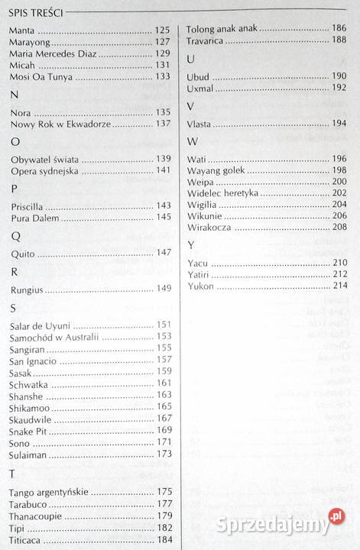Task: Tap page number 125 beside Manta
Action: pyautogui.click(x=163, y=30)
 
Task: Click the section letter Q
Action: pyautogui.click(x=16, y=235)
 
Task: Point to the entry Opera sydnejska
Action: pyautogui.click(x=44, y=170)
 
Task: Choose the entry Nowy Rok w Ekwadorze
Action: pyautogui.click(x=61, y=124)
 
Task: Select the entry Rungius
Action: pyautogui.click(x=27, y=290)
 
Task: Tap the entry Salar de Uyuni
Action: pyautogui.click(x=41, y=325)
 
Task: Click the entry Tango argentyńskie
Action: pyautogui.click(x=50, y=492)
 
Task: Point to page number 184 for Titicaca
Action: pyautogui.click(x=164, y=541)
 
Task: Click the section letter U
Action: pyautogui.click(x=191, y=60)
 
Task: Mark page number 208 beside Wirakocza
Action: pyautogui.click(x=340, y=228)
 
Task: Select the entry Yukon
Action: pyautogui.click(x=200, y=286)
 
